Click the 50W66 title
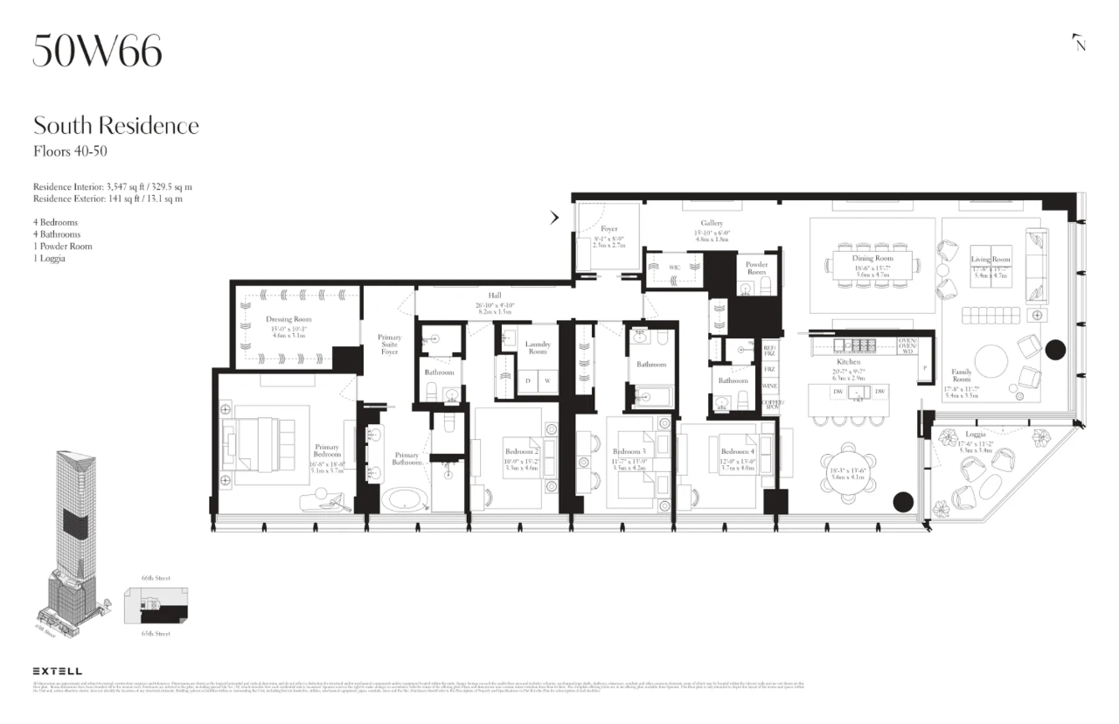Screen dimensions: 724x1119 [x=97, y=52]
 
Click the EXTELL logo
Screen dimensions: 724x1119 [x=57, y=671]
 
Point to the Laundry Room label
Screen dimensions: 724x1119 [x=538, y=348]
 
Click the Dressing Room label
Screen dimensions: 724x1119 [x=288, y=320]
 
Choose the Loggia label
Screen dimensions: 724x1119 [x=976, y=435]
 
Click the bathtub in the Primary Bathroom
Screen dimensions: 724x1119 [x=404, y=501]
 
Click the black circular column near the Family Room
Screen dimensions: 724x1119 [x=1055, y=351]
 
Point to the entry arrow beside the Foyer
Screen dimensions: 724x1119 [x=554, y=218]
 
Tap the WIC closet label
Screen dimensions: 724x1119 [x=675, y=268]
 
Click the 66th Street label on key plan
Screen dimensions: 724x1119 [x=155, y=579]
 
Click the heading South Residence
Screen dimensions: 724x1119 [x=115, y=125]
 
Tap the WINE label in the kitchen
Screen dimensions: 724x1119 [x=770, y=386]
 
